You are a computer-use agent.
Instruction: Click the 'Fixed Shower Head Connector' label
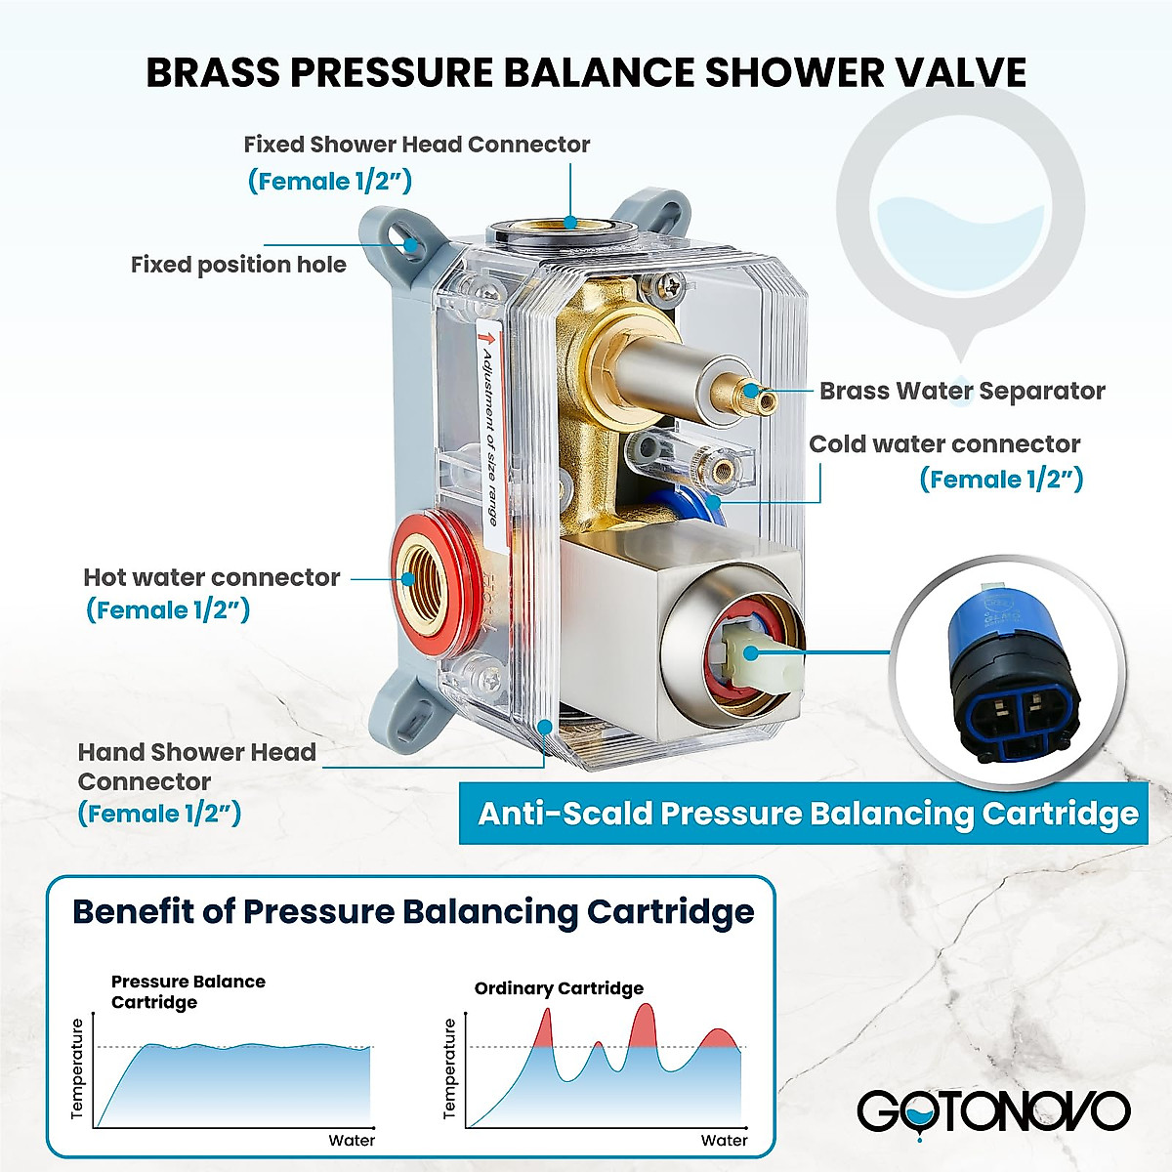[417, 145]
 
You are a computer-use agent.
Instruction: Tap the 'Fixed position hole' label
[238, 265]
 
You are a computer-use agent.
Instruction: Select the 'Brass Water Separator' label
[961, 391]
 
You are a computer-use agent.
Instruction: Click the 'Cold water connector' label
[943, 444]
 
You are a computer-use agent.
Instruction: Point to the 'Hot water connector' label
[211, 577]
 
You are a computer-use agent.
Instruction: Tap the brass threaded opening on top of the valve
[562, 231]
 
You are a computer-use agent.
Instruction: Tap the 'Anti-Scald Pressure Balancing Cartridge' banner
[808, 814]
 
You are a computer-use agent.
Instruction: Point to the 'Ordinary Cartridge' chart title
[559, 988]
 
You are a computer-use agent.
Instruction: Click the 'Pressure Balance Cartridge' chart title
[188, 991]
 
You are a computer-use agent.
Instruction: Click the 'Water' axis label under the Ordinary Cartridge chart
[724, 1140]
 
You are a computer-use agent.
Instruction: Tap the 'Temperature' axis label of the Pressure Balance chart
[78, 1069]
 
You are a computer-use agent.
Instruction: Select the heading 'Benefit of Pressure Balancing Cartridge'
[413, 911]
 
